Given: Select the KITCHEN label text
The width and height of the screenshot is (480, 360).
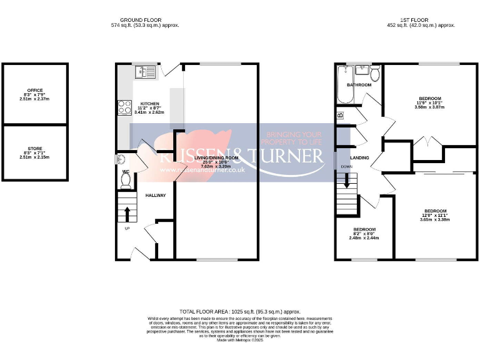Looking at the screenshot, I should (x=149, y=104).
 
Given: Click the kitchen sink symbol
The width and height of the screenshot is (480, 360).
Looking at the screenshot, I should (x=142, y=72).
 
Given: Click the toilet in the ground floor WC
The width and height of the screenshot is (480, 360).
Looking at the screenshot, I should (x=126, y=180).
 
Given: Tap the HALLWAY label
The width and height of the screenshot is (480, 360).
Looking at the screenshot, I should (x=156, y=196).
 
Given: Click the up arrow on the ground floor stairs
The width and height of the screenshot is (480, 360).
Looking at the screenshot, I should (x=127, y=214).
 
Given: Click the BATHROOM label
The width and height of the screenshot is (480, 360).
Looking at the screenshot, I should (x=359, y=85).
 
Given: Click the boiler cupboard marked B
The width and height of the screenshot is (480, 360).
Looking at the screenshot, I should (x=341, y=115).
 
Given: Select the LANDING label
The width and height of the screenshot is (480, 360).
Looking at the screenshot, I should (x=359, y=157).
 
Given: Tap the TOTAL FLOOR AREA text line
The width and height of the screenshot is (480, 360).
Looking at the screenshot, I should (x=240, y=311).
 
